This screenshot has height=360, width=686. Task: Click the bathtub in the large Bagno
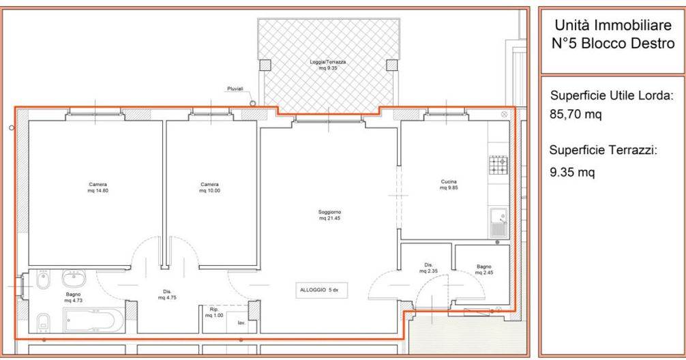coord(94,320)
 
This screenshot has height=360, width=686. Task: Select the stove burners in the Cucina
coord(498,164)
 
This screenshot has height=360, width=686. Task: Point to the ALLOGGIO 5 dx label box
coord(322,290)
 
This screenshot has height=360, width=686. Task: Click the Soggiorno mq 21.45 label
coord(329,215)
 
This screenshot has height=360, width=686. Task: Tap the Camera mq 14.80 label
coord(98,187)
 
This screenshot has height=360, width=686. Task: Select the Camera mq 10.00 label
coord(209,187)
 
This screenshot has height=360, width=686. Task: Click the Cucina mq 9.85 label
coord(449,185)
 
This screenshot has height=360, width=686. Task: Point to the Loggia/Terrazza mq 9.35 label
coord(328,65)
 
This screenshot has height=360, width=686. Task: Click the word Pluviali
coord(235,89)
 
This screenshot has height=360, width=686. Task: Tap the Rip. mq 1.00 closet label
coord(214,312)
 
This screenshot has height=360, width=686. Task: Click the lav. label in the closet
coord(241,322)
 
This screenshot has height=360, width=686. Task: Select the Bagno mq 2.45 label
coord(484,269)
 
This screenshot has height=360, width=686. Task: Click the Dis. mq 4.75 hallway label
coord(167,295)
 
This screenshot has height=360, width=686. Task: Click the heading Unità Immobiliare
coord(613,25)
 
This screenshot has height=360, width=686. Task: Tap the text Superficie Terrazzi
coord(603,151)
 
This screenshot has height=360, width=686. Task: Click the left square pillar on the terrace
coord(265,65)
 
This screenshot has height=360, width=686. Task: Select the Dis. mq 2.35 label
coord(428,268)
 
